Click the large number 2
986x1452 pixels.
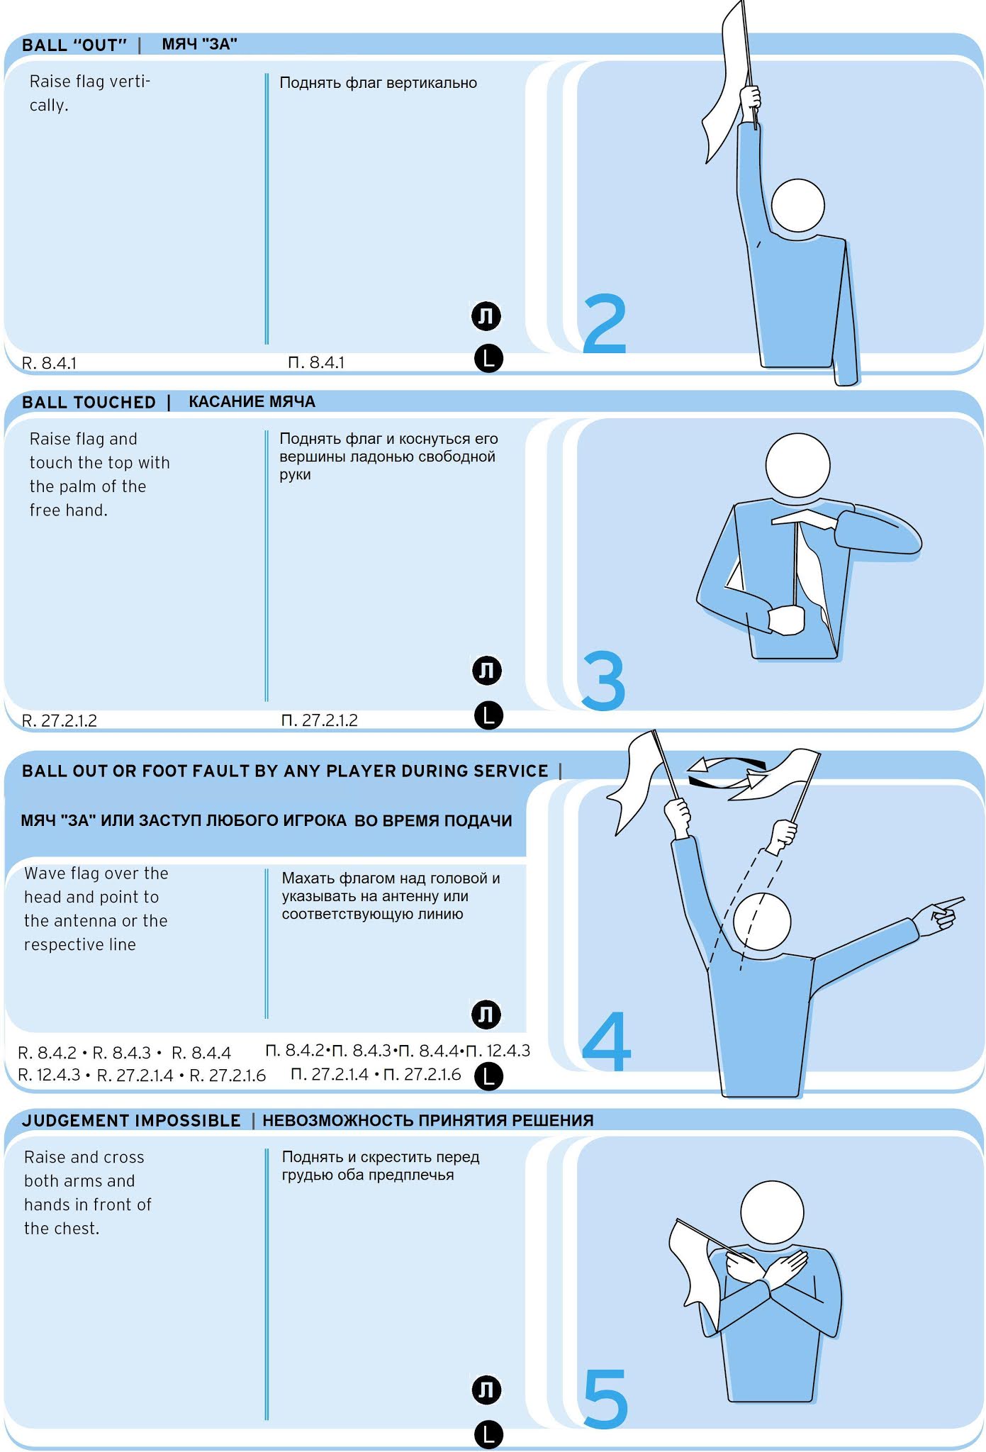[605, 324]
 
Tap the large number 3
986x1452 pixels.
[603, 681]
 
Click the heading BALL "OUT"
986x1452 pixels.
[74, 45]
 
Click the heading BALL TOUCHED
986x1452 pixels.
[89, 402]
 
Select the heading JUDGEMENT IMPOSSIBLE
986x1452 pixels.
[131, 1120]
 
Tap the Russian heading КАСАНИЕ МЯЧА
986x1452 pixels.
[252, 401]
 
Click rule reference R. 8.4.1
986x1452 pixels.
[49, 363]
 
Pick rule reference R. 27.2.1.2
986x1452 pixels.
[60, 720]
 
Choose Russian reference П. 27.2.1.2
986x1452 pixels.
[320, 720]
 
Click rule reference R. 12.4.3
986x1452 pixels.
[49, 1075]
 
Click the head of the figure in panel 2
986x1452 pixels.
[797, 206]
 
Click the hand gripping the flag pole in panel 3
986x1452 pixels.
[787, 620]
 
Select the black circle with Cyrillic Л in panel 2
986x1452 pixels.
[487, 315]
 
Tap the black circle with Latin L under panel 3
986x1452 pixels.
[488, 715]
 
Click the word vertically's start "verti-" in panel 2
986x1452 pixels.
[129, 82]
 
